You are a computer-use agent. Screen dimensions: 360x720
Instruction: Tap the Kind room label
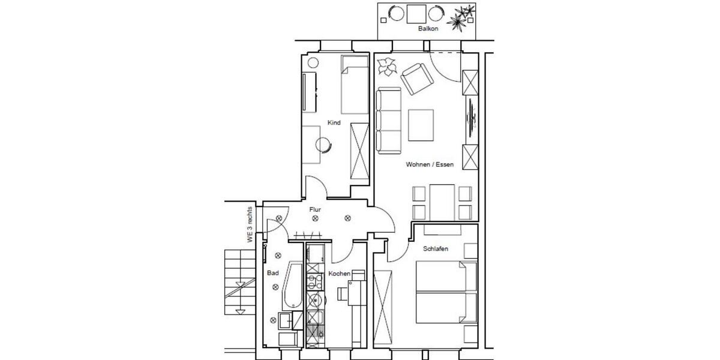pyautogui.click(x=334, y=123)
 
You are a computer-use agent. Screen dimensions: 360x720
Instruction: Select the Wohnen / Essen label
pyautogui.click(x=430, y=164)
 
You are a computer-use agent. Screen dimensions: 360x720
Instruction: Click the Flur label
pyautogui.click(x=314, y=210)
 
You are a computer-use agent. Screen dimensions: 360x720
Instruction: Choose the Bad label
pyautogui.click(x=273, y=273)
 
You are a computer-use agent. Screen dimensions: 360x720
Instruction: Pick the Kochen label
pyautogui.click(x=339, y=274)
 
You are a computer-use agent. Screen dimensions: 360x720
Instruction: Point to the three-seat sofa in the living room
pyautogui.click(x=389, y=120)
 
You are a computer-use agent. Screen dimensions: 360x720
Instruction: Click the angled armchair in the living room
pyautogui.click(x=416, y=80)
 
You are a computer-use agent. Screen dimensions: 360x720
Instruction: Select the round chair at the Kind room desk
pyautogui.click(x=324, y=144)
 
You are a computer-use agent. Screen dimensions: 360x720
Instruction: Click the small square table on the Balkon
pyautogui.click(x=416, y=13)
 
